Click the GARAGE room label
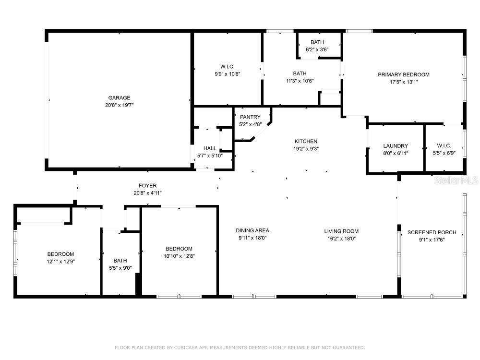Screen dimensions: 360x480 click(119, 98)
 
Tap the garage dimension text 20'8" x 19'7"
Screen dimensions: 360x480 click(119, 105)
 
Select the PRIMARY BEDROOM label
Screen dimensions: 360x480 click(403, 74)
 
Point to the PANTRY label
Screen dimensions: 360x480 click(250, 117)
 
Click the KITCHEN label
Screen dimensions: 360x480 click(306, 141)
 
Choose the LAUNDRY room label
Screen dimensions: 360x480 click(396, 146)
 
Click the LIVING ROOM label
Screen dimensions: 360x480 click(341, 231)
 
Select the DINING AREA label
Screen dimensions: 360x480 click(252, 230)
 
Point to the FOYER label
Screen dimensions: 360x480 click(147, 186)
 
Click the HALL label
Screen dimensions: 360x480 click(210, 149)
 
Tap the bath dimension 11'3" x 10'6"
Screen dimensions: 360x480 click(300, 81)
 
